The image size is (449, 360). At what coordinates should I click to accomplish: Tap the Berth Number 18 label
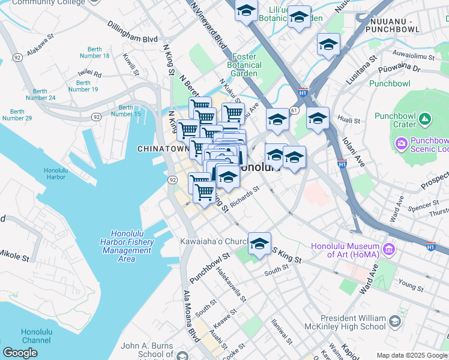pos(98,52)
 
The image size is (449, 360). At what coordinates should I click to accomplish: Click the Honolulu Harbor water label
pos(55,174)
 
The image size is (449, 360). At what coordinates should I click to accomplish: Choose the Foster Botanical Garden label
pos(244,65)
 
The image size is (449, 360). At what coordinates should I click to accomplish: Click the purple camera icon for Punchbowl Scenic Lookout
pos(401,143)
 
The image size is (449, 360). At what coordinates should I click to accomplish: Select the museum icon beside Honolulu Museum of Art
pos(388,248)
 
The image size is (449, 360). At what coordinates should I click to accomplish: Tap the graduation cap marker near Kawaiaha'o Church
pos(259,244)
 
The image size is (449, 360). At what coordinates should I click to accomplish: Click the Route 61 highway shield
pos(294,110)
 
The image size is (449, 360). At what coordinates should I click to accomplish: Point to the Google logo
pos(20,353)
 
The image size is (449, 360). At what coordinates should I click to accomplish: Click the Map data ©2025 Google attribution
pos(412,355)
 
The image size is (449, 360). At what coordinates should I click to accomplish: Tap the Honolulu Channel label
pos(37,335)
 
